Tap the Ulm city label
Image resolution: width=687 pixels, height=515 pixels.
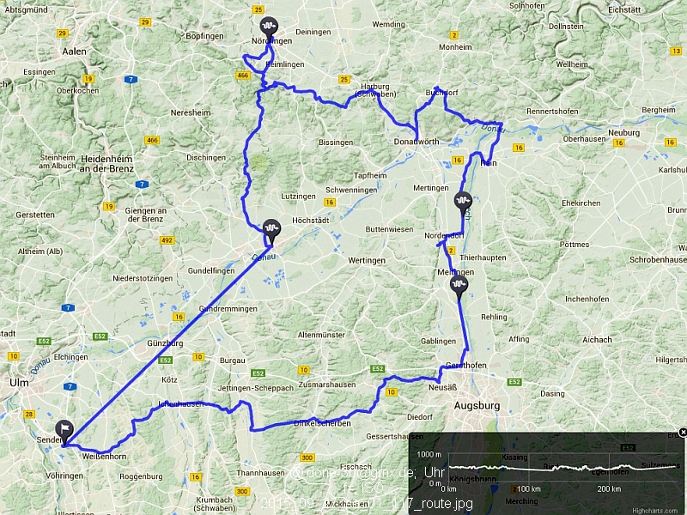pos(17,382)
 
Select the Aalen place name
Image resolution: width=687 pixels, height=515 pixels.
pos(74,51)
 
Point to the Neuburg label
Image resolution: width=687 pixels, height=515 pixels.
pos(623,133)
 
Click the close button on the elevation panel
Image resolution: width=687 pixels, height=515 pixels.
pos(682,432)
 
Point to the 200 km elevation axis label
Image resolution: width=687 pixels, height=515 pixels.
pos(608,488)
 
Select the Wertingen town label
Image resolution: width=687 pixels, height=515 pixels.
pos(367,259)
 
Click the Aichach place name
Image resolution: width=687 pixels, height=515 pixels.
pos(598,340)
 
